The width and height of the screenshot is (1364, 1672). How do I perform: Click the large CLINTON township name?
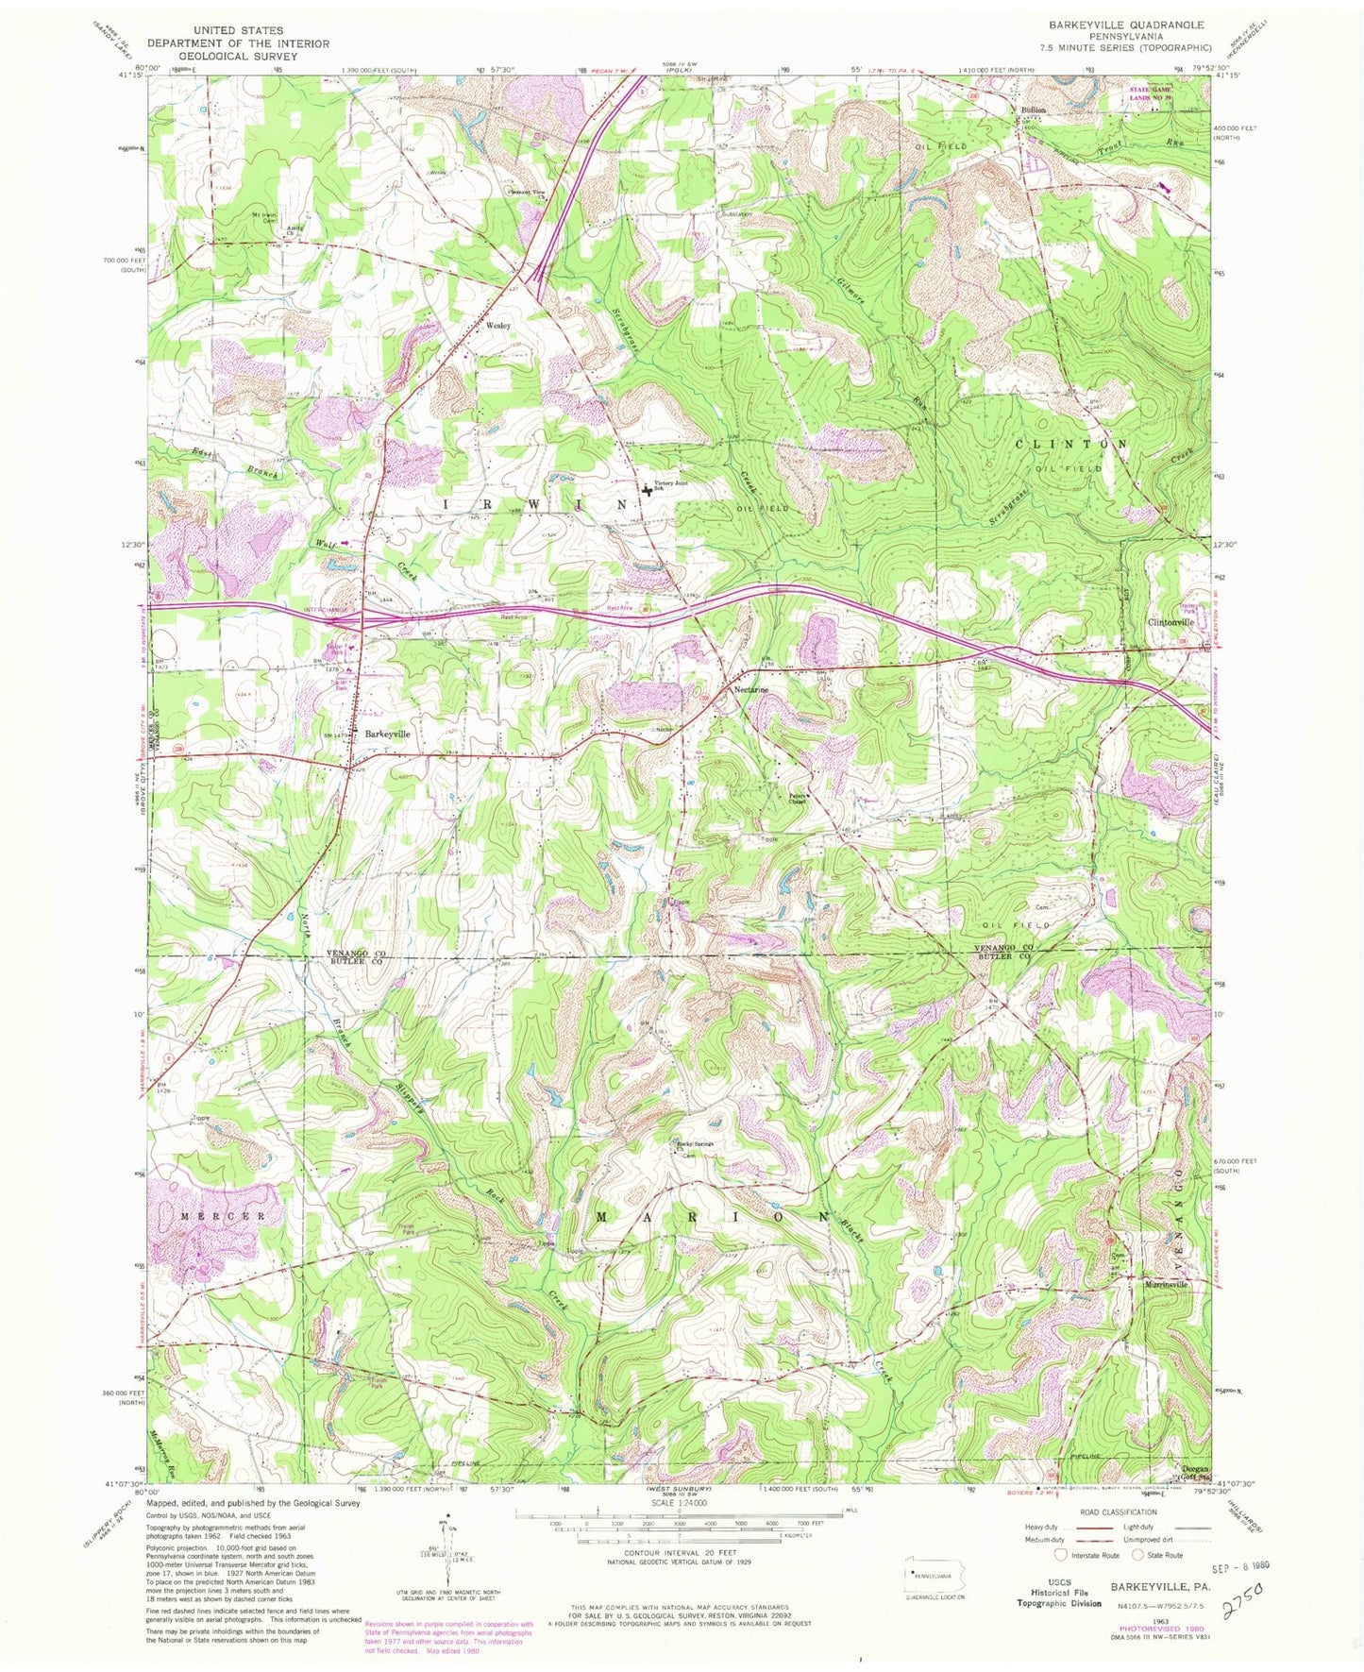coord(1070,443)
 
